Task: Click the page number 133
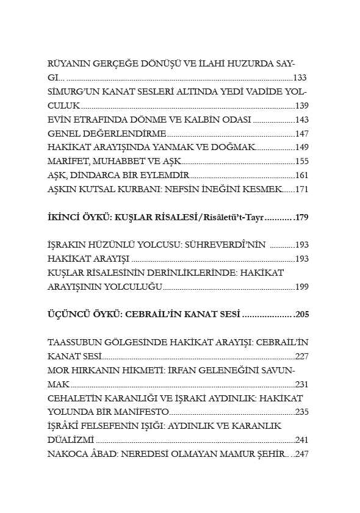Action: coord(300,78)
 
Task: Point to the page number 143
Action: coord(302,120)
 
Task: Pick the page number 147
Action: coord(302,134)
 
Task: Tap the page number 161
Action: coord(302,176)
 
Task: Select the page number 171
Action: coord(302,189)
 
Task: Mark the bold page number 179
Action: coord(302,217)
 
